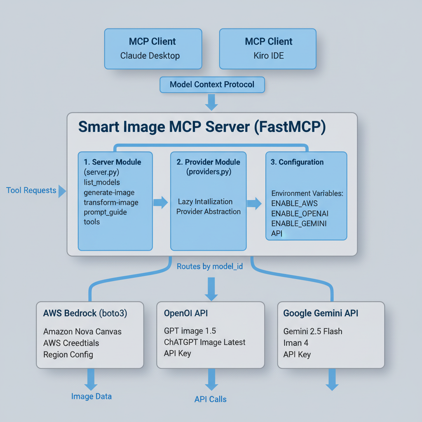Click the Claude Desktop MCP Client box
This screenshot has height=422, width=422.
tap(153, 48)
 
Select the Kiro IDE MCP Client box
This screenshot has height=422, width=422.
tap(268, 48)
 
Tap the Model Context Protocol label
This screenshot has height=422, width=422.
tap(212, 84)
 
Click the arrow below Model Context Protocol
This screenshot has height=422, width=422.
tap(211, 102)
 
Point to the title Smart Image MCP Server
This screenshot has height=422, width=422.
tap(202, 127)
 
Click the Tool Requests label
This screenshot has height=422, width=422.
tap(31, 190)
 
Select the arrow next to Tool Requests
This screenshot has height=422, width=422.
tap(62, 191)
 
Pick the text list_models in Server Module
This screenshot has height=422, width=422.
tap(102, 182)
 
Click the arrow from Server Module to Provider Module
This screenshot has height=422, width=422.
tap(161, 202)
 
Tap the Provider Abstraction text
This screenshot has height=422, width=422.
tap(209, 211)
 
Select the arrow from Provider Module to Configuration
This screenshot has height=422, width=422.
tap(254, 203)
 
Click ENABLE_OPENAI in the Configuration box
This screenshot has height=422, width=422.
tap(300, 213)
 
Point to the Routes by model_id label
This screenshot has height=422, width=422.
tap(210, 267)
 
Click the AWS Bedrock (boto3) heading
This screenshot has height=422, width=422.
tap(85, 313)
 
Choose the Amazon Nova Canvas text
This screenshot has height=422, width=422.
tap(82, 331)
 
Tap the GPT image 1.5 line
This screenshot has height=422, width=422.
tap(190, 331)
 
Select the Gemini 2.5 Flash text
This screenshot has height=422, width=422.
tap(313, 331)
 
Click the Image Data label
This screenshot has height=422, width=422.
tap(91, 396)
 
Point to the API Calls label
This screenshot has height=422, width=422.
tap(211, 399)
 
